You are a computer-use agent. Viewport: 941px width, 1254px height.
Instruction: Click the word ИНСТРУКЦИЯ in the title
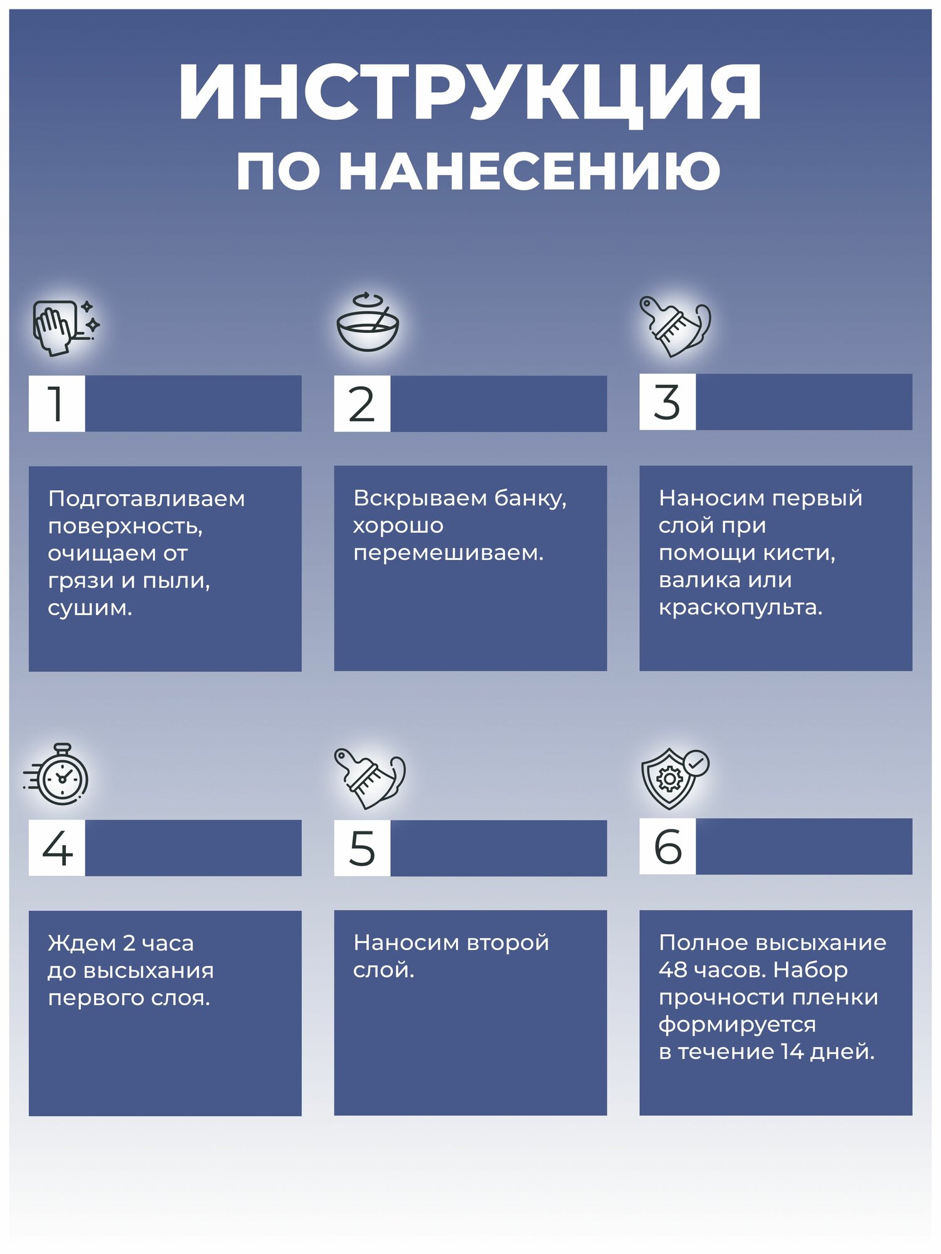pos(470,93)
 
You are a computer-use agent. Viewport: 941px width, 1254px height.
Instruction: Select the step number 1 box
pos(56,403)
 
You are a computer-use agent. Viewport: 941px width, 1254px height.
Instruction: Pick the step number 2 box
pos(362,403)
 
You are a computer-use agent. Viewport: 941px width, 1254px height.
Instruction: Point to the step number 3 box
pos(667,402)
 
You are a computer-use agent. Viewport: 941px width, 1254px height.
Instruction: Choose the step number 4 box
pos(56,848)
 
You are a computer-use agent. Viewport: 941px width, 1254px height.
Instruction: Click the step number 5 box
pos(362,848)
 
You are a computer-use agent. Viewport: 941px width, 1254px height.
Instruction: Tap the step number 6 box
pos(667,846)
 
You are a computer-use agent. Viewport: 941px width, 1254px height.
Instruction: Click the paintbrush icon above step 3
pos(675,326)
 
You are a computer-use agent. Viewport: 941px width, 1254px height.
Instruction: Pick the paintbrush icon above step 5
pos(370,777)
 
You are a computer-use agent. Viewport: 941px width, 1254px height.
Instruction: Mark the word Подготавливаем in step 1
pos(146,499)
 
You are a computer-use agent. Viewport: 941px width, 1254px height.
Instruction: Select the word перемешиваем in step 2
pos(448,553)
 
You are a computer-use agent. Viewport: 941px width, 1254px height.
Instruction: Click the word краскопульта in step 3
pos(740,608)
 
